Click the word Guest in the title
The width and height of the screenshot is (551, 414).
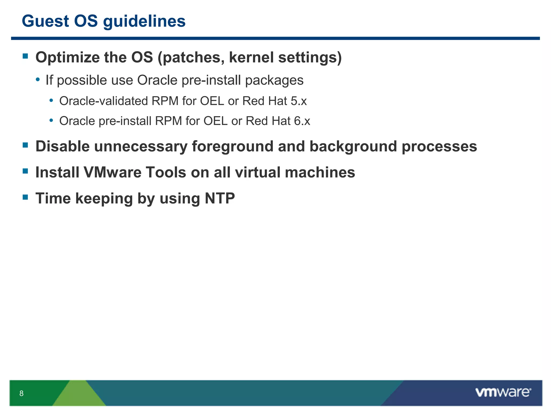[x=45, y=21]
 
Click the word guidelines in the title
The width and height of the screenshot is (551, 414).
[x=144, y=22]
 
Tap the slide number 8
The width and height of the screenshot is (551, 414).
[x=22, y=393]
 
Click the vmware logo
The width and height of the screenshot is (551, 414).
[x=503, y=392]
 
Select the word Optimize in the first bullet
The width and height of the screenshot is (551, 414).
[x=68, y=58]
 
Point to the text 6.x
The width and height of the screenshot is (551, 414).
[x=302, y=121]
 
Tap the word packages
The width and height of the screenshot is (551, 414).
[x=274, y=81]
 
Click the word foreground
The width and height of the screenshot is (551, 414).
[x=232, y=147]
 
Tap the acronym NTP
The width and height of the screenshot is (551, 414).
[x=220, y=199]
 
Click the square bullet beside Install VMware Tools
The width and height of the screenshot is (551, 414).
[x=26, y=171]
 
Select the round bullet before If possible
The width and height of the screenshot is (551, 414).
[x=38, y=80]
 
